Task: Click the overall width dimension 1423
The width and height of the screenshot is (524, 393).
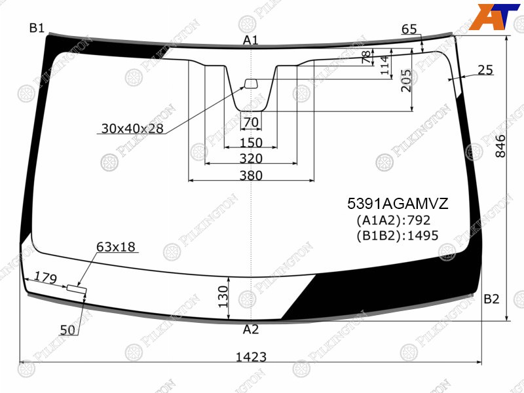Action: (x=251, y=357)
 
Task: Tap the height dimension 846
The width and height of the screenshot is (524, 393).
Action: (x=500, y=146)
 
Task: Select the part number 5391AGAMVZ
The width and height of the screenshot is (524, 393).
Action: (x=398, y=204)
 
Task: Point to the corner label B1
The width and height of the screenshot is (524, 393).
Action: (x=37, y=28)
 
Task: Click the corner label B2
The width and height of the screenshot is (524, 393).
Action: (x=491, y=299)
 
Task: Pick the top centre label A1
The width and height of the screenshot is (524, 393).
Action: (x=251, y=40)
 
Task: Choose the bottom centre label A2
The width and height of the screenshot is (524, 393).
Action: (x=251, y=329)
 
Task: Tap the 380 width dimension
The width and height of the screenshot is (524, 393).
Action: (x=251, y=175)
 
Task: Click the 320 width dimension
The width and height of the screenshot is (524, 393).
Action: (x=251, y=158)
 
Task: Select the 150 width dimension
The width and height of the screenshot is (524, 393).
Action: (x=251, y=143)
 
